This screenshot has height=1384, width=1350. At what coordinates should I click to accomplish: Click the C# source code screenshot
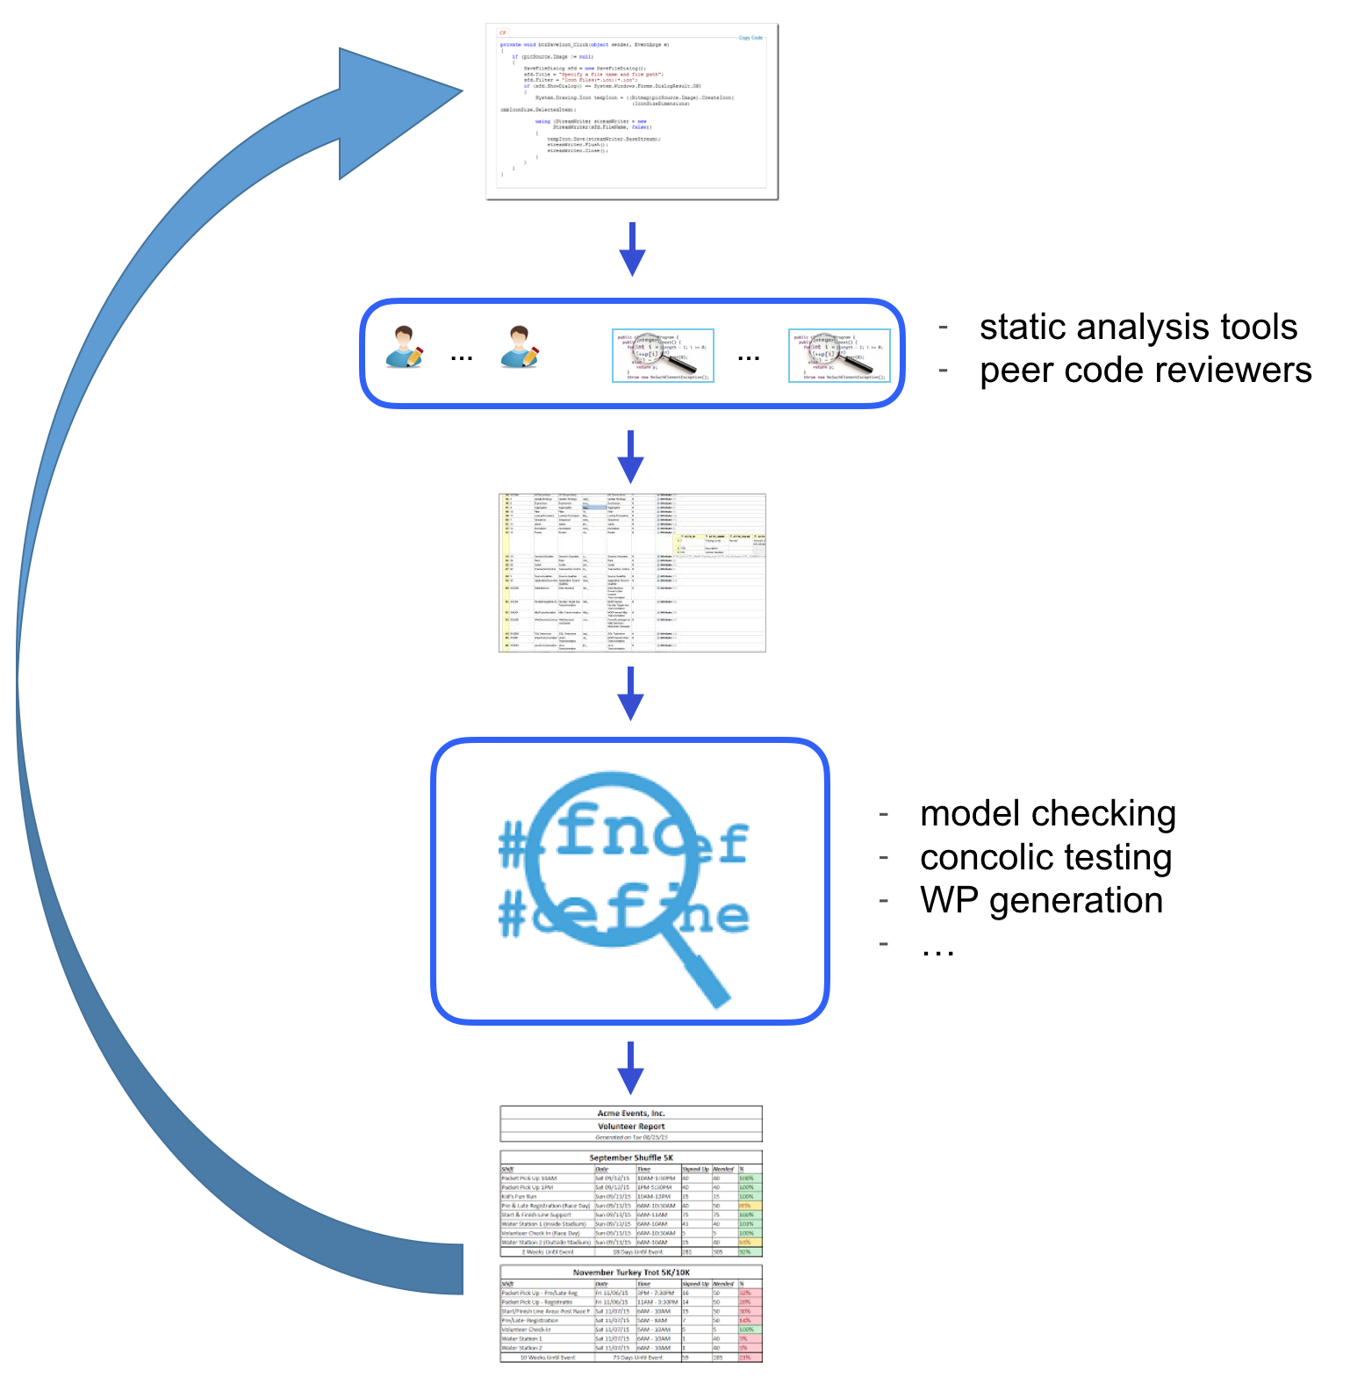632,112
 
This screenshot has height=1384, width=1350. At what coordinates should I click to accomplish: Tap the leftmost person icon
404,348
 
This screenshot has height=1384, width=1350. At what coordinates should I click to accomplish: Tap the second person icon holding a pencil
519,348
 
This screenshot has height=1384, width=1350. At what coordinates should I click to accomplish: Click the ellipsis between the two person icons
462,357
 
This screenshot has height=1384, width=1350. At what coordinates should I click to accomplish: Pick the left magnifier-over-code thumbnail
663,356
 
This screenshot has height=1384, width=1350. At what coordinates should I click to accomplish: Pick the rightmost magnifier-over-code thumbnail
840,356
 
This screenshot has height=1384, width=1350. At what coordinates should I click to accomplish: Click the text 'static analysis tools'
1138,328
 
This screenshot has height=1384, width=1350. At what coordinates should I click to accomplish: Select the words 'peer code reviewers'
1145,371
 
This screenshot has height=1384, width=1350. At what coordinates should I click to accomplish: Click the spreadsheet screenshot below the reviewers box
632,573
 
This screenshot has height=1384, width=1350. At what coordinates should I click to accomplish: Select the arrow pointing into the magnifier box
631,694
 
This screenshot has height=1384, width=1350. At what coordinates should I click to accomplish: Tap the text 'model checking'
1047,814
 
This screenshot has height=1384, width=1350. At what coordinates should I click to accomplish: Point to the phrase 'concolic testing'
1045,857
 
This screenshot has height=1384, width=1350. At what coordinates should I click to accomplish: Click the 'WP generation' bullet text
1041,901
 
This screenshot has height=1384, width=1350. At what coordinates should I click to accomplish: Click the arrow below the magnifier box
631,1068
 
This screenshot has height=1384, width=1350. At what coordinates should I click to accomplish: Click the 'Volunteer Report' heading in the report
631,1126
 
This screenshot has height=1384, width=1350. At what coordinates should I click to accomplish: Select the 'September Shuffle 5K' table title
631,1157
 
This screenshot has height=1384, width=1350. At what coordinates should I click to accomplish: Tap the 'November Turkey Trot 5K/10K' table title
631,1272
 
